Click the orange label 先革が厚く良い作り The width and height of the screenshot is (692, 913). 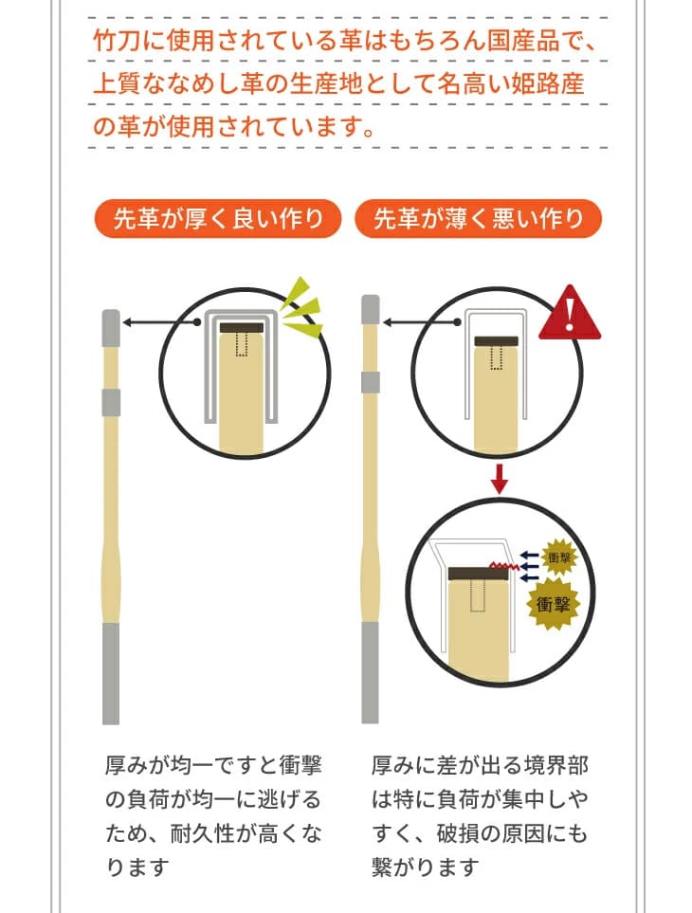pyautogui.click(x=217, y=219)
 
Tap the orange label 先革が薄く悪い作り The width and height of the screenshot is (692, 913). pyautogui.click(x=478, y=219)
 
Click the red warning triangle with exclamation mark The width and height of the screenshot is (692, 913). pyautogui.click(x=569, y=313)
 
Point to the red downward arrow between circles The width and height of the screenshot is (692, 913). pyautogui.click(x=499, y=479)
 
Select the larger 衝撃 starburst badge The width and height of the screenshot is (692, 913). pyautogui.click(x=553, y=604)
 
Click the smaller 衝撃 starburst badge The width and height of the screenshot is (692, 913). pyautogui.click(x=559, y=557)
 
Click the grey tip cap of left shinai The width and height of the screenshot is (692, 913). pyautogui.click(x=111, y=328)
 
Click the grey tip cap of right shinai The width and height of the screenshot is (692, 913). pyautogui.click(x=370, y=309)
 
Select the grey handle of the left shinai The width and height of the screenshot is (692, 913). pyautogui.click(x=111, y=674)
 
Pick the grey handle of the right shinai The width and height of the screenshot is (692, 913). pyautogui.click(x=370, y=672)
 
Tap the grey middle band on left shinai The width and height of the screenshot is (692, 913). pyautogui.click(x=111, y=403)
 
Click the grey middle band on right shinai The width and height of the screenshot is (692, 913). pyautogui.click(x=370, y=383)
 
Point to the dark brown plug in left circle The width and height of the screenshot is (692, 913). pyautogui.click(x=242, y=328)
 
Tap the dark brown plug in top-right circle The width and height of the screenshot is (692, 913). pyautogui.click(x=497, y=342)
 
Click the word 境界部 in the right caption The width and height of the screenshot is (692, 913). pyautogui.click(x=555, y=765)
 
